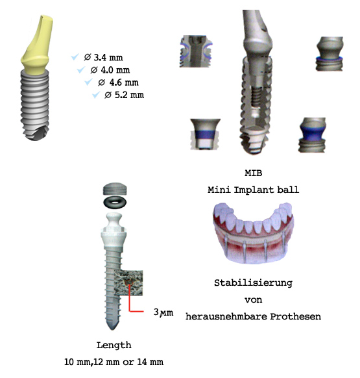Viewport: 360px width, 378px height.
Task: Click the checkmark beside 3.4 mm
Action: (75, 57)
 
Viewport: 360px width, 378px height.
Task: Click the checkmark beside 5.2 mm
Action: (96, 95)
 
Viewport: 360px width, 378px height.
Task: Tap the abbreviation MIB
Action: (254, 173)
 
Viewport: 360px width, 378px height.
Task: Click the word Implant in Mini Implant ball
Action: (254, 190)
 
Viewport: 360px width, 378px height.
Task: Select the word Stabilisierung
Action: (254, 283)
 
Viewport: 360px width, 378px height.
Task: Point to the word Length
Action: (114, 346)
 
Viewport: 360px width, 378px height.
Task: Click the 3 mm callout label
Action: (163, 312)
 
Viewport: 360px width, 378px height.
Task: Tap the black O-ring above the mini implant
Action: (115, 202)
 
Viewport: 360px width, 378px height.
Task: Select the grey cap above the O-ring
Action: (115, 189)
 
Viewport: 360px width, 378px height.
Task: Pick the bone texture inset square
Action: (128, 283)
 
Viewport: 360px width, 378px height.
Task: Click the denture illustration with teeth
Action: (254, 233)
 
